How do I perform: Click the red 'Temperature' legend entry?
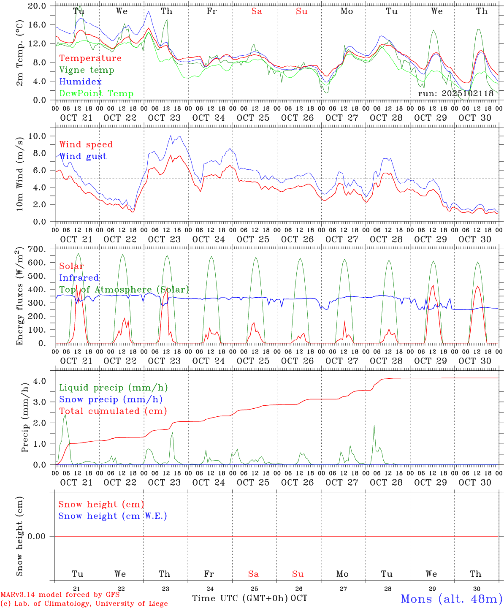(x=90, y=58)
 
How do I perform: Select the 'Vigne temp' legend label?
(x=87, y=70)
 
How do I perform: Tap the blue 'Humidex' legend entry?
(x=80, y=82)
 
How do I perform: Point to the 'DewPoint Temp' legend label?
(x=96, y=94)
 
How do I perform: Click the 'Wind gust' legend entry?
(x=83, y=156)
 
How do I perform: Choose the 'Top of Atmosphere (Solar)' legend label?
(x=124, y=290)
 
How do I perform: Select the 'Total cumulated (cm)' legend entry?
(x=113, y=411)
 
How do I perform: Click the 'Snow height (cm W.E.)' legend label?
(x=112, y=516)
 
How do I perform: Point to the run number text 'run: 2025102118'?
(x=455, y=94)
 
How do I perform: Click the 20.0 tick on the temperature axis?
(x=37, y=6)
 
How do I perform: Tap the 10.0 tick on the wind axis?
(x=37, y=136)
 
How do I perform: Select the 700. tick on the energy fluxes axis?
(x=37, y=250)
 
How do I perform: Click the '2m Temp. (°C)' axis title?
(x=19, y=53)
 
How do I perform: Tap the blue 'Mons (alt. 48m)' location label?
(x=451, y=599)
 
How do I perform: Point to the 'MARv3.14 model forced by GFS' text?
(x=60, y=594)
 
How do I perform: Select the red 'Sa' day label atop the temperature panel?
(x=257, y=11)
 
